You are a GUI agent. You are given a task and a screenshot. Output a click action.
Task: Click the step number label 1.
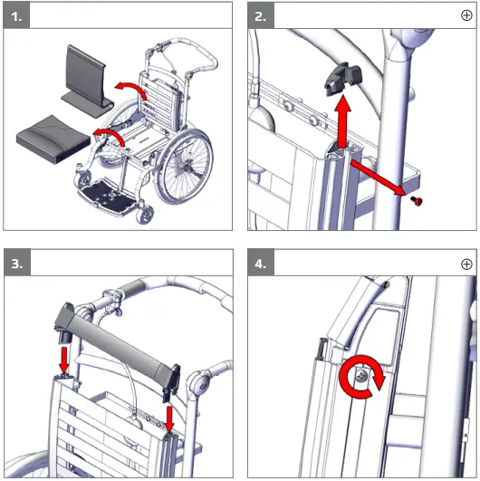[x=21, y=15]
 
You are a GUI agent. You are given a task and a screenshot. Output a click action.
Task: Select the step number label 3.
[x=21, y=264]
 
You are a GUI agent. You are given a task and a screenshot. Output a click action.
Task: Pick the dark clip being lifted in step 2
[x=339, y=80]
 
